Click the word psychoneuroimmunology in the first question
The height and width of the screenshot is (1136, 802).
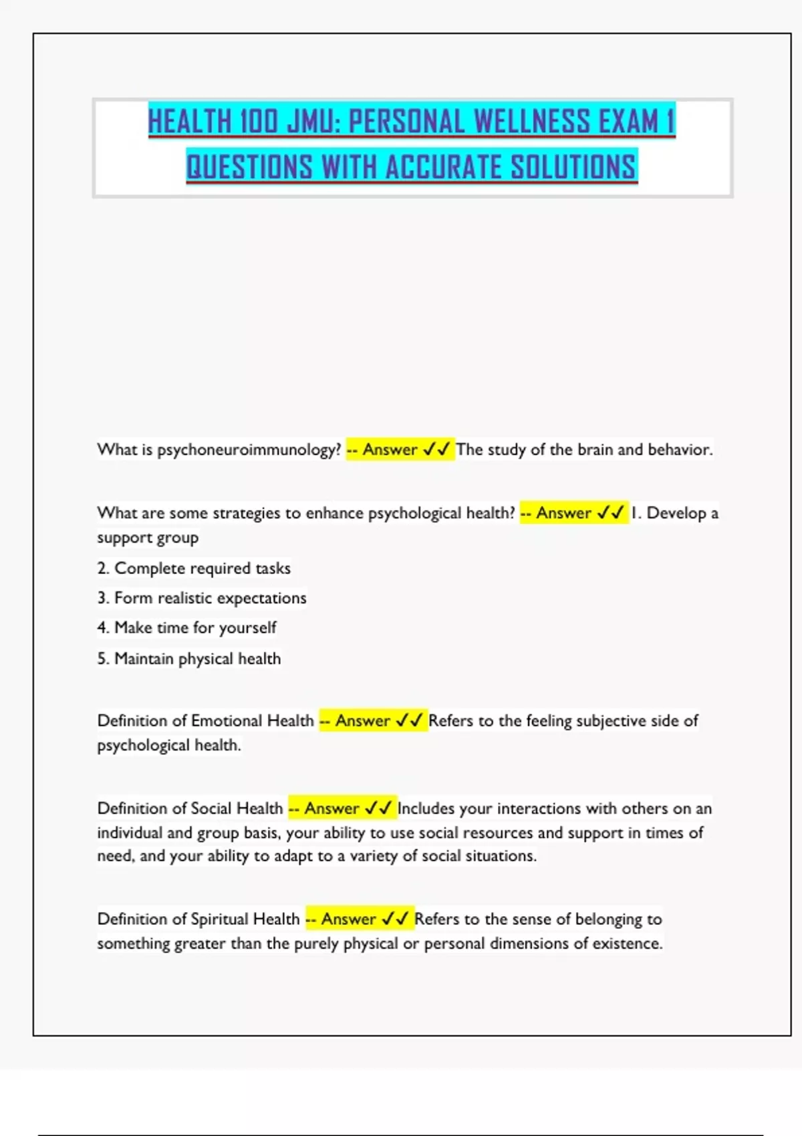tap(249, 450)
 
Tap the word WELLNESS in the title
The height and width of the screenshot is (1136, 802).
tap(533, 122)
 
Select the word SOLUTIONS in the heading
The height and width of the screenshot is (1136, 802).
tap(573, 167)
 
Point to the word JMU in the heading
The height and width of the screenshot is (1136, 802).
tap(313, 122)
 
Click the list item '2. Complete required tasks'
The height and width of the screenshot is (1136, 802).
tap(194, 568)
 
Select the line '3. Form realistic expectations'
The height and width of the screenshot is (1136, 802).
tap(202, 598)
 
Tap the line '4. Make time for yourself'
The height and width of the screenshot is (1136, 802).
tap(186, 628)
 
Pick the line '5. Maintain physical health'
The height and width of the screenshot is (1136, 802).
tap(189, 659)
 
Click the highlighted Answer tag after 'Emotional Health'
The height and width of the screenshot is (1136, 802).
tap(372, 721)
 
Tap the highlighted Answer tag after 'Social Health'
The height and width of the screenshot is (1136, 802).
tap(342, 809)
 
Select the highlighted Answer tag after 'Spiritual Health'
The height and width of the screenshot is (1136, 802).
tap(359, 919)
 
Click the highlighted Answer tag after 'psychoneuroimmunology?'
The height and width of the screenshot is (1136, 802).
tap(400, 450)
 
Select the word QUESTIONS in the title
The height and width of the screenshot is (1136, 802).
tap(249, 167)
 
